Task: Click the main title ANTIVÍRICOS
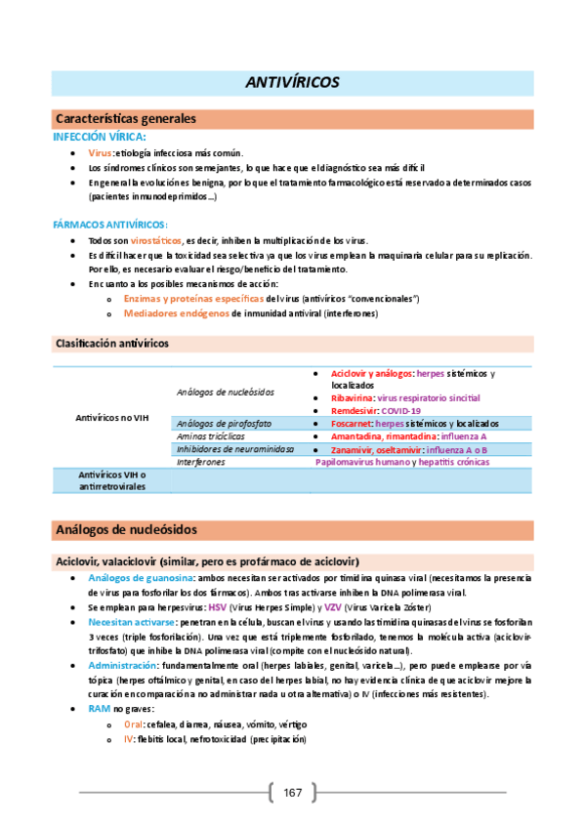click(292, 82)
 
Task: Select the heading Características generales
click(127, 118)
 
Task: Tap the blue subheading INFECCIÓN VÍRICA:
click(100, 137)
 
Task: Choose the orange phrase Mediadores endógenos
click(176, 313)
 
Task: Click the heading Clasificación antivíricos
click(111, 344)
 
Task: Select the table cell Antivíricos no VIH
click(112, 417)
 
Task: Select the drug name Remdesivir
click(355, 411)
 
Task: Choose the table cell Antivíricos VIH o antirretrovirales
click(112, 479)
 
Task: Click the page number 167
click(292, 792)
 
